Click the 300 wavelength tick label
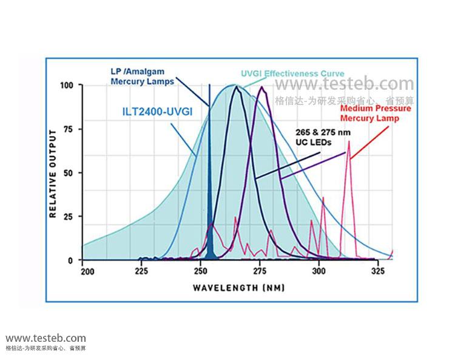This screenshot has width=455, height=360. [319, 271]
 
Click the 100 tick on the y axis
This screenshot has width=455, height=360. [67, 86]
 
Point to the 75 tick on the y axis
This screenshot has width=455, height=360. [69, 129]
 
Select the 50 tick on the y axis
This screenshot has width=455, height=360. [69, 173]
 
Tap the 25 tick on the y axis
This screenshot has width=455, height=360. [69, 217]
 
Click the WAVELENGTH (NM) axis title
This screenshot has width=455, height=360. [238, 288]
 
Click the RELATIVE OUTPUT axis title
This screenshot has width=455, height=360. [53, 173]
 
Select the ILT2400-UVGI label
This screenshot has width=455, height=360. [149, 112]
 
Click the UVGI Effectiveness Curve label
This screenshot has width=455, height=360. [284, 73]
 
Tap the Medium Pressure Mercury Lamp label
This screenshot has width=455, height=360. [376, 113]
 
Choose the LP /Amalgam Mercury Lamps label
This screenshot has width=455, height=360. [143, 75]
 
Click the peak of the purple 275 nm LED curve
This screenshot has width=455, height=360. [262, 87]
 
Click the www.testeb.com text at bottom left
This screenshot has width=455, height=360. [45, 338]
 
